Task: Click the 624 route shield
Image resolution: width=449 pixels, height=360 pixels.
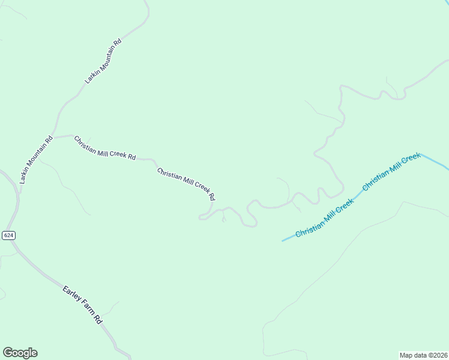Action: point(8,235)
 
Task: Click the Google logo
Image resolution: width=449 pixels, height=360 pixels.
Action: point(20,353)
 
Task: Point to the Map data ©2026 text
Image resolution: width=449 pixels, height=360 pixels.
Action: point(423,355)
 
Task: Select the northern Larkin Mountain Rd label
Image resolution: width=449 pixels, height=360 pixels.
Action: point(103,61)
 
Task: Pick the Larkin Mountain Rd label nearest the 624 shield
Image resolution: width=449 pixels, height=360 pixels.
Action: point(36,159)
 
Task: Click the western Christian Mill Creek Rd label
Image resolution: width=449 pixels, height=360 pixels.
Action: point(104,148)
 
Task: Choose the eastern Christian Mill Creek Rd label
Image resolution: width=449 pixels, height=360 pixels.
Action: point(186,184)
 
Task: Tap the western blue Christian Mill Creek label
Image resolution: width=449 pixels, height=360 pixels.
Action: point(325,217)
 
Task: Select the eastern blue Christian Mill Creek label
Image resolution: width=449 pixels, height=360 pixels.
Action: point(391,172)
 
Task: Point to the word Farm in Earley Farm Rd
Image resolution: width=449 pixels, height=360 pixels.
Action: point(86,308)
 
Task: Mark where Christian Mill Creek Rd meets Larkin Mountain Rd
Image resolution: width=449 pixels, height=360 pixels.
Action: point(53,136)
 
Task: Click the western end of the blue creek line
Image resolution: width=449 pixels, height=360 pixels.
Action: point(283,241)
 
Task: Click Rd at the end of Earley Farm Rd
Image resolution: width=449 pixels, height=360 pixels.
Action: point(98,320)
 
